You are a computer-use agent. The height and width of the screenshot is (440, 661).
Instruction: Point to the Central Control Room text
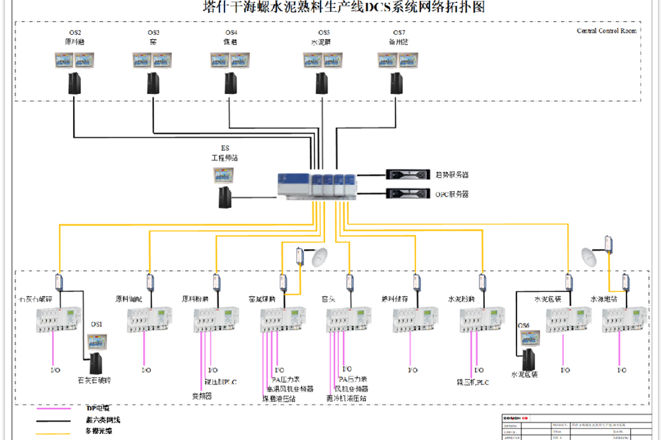click(606, 31)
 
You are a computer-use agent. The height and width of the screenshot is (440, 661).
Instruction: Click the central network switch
click(317, 185)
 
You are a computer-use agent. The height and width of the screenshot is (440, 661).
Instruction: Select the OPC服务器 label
click(452, 194)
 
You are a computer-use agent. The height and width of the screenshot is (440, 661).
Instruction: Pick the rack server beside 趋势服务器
click(407, 175)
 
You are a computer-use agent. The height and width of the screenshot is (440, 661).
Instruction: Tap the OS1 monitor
click(97, 342)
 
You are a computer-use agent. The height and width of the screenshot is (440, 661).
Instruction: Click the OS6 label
click(524, 326)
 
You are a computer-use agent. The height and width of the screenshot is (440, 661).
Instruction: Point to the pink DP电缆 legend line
click(54, 408)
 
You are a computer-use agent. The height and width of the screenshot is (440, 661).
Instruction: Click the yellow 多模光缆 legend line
click(54, 433)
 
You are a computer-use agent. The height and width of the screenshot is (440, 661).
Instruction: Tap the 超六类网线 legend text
click(103, 420)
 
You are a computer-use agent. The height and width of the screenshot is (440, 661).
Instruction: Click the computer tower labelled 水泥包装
click(529, 360)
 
